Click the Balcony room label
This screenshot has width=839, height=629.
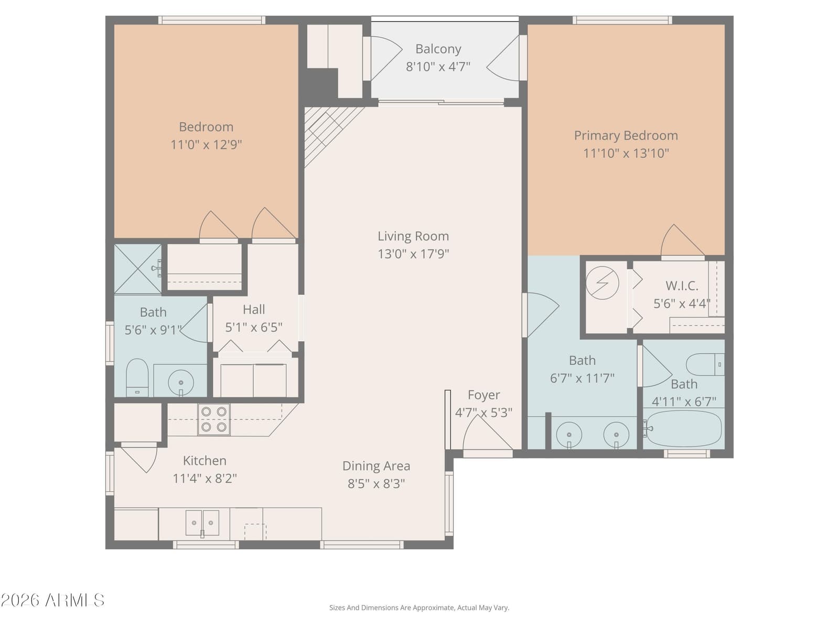pos(438,49)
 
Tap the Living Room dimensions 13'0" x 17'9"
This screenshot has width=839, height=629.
pos(413,254)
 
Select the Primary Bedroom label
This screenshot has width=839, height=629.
pos(626,136)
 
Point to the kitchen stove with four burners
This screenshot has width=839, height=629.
pos(213,419)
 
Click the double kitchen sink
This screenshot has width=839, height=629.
pos(202,523)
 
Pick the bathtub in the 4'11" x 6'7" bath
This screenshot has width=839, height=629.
pos(683,428)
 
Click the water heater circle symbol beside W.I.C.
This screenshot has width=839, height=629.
pos(603,283)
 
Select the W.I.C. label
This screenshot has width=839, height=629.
pos(682,286)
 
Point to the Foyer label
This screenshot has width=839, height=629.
pos(483,395)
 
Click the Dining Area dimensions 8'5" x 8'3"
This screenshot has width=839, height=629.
pos(376,484)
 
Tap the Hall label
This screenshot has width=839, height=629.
pos(254,309)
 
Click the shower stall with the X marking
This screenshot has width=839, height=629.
pos(137,269)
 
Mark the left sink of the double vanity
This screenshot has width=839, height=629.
pos(569,435)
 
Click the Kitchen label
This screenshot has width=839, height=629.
pos(205,461)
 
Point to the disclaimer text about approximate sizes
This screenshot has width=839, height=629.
pos(419,608)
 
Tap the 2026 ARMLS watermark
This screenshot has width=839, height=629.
pos(52,600)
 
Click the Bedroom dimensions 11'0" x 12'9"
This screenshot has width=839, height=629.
pos(206,145)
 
